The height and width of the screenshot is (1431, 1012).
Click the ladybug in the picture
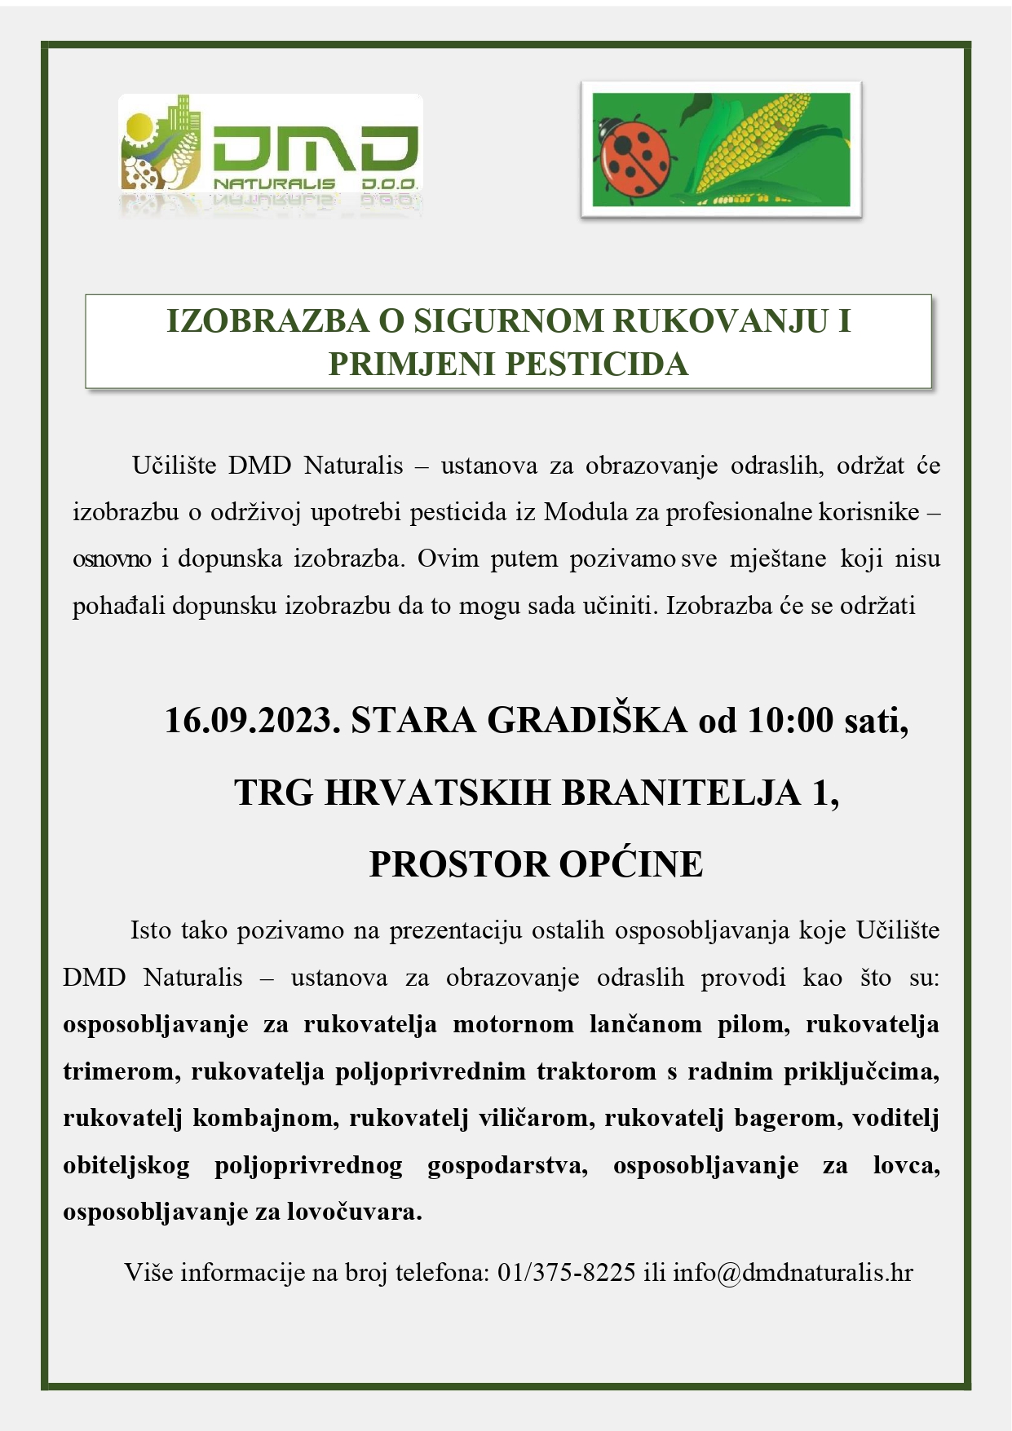[x=634, y=155]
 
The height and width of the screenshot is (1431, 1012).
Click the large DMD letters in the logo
[x=315, y=152]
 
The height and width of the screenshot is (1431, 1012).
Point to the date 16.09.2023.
[x=252, y=720]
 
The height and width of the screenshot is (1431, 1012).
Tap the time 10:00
[x=790, y=720]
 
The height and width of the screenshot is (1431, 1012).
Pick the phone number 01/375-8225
[x=567, y=1272]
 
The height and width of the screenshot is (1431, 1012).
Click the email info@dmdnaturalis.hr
[x=793, y=1272]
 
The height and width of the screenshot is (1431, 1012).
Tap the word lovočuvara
[x=354, y=1212]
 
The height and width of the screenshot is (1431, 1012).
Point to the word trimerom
[x=122, y=1071]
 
